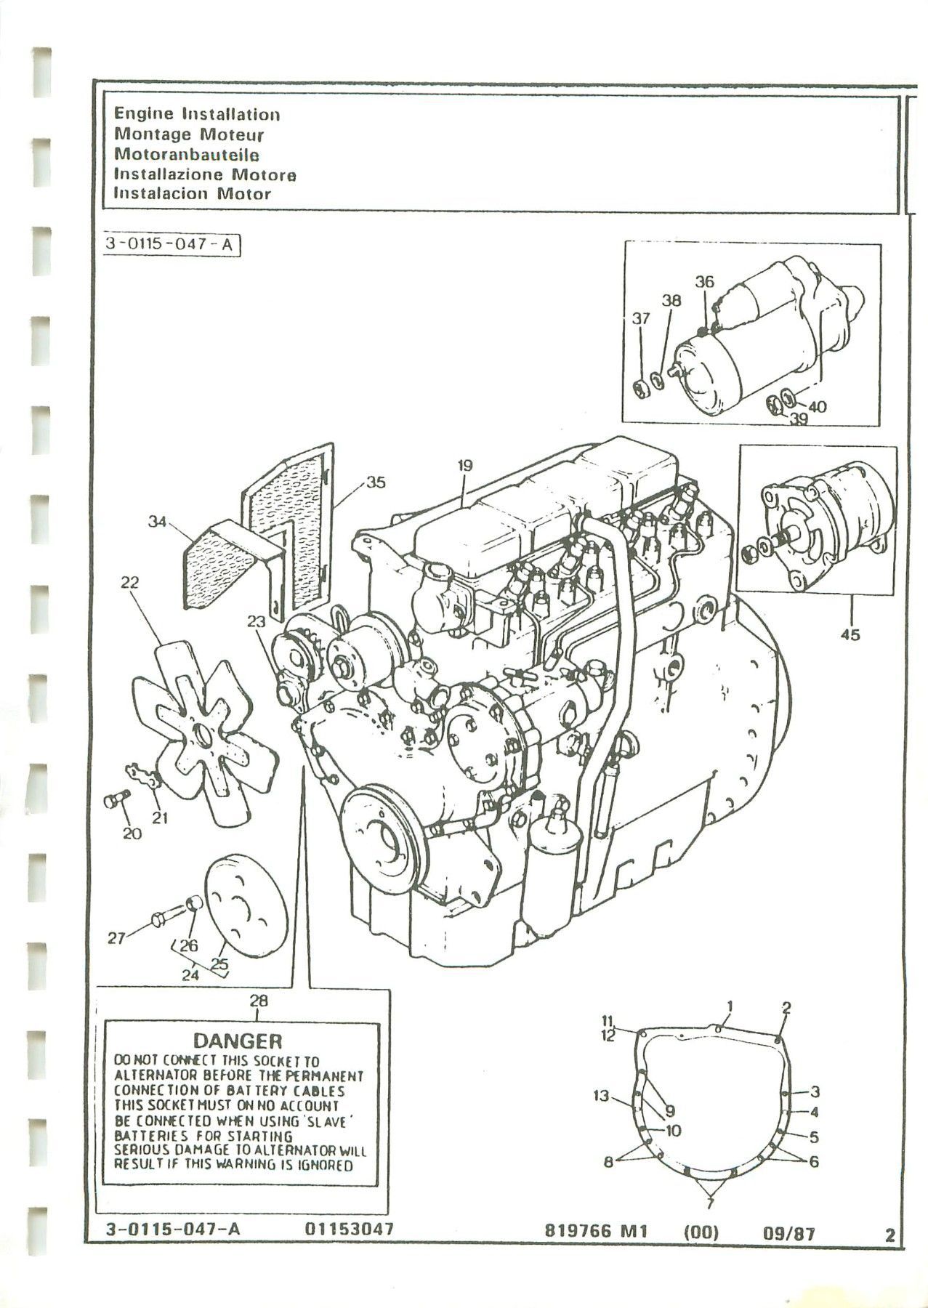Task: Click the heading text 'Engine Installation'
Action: [197, 114]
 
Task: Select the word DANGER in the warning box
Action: [237, 1042]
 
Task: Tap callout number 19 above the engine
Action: [465, 466]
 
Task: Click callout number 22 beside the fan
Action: [131, 583]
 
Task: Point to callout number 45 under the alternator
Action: [850, 635]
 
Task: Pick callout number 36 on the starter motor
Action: [704, 282]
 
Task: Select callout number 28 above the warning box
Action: [259, 1001]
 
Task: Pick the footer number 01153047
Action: [350, 1230]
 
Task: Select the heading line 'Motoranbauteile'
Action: [187, 154]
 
